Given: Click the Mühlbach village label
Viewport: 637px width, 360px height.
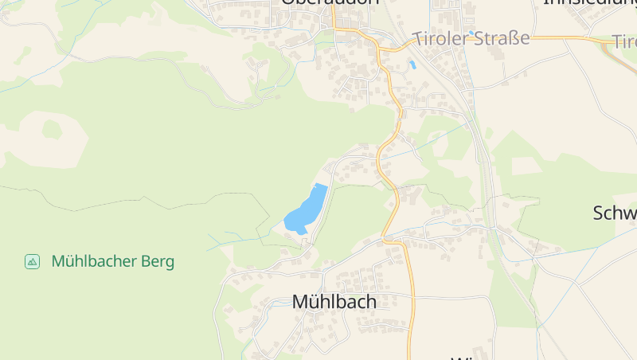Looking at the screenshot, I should (334, 302).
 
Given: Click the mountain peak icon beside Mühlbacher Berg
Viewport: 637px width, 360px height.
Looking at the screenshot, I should (32, 261).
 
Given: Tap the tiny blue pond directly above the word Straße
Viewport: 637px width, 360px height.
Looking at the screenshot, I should (471, 33).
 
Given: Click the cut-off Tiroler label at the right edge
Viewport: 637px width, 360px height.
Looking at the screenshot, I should (625, 41).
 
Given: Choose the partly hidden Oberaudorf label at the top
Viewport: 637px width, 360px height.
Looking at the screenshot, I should (330, 3).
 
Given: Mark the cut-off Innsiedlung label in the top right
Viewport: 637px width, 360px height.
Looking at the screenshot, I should (589, 3).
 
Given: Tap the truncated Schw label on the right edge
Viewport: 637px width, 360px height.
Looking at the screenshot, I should (615, 213).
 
